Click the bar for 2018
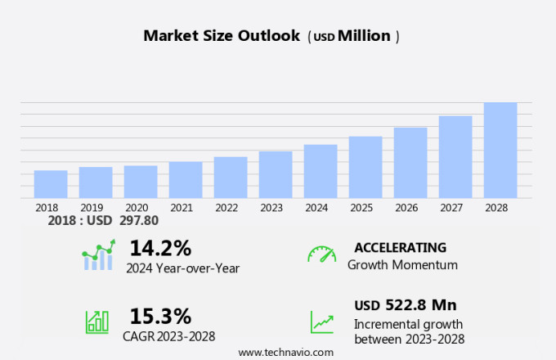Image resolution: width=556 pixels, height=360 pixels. [x=51, y=184]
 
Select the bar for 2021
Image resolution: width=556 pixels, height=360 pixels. [x=186, y=179]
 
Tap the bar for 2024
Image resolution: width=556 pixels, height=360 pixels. [x=321, y=171]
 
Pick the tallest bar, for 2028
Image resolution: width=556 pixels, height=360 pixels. [x=500, y=150]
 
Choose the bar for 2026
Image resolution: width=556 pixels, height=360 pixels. [x=410, y=162]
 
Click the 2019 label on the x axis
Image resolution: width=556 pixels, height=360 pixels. [x=92, y=208]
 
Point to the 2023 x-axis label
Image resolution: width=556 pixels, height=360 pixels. [x=271, y=208]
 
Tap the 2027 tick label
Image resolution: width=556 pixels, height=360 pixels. [x=455, y=208]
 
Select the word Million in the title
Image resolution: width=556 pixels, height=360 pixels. [x=364, y=36]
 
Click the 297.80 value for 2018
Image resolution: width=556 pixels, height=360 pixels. [x=139, y=221]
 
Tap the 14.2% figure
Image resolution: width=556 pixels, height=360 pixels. [x=160, y=248]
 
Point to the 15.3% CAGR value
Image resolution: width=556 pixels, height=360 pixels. [x=160, y=316]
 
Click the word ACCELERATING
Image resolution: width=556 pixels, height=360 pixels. [x=400, y=248]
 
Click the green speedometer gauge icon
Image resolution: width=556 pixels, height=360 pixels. [x=321, y=254]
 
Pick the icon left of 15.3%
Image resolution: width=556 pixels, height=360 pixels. [x=97, y=322]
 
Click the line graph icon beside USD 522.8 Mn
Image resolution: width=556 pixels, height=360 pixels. [x=321, y=322]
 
